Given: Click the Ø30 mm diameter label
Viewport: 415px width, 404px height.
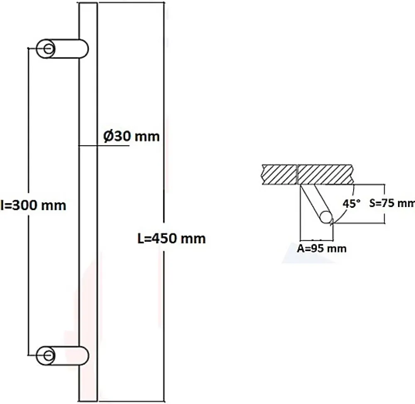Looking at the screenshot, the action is [x=132, y=136].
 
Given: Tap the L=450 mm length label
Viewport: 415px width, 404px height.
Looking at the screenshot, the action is [x=171, y=239].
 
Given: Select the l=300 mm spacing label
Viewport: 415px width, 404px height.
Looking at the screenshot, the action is [x=33, y=205].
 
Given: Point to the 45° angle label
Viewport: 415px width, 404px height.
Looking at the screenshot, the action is [x=352, y=204].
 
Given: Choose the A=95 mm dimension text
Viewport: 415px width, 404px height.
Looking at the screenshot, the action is [x=322, y=248].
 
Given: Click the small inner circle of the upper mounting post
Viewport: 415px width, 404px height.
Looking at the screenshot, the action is [x=48, y=49].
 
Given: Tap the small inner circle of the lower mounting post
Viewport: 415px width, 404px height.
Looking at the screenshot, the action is [x=48, y=355].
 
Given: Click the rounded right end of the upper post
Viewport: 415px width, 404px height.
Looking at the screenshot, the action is [x=85, y=49].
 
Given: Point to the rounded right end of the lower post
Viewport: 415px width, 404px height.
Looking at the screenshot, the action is [x=85, y=355].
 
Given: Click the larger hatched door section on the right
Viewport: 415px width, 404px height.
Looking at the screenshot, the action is [x=325, y=175].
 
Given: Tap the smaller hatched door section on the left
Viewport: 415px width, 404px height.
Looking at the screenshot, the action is [x=279, y=175].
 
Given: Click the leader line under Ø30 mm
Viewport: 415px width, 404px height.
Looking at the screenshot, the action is [x=104, y=146].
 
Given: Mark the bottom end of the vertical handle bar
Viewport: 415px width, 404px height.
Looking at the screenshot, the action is [x=88, y=401].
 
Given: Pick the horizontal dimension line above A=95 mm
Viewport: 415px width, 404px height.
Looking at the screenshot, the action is [x=317, y=240].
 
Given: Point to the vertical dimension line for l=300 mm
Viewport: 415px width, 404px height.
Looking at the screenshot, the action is [x=28, y=202].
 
